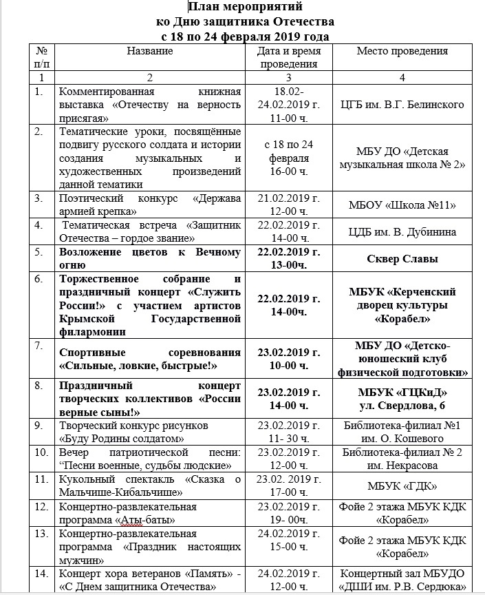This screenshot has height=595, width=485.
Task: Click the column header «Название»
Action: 149,51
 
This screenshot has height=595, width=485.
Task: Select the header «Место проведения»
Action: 402,51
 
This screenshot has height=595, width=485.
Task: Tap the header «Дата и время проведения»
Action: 288,57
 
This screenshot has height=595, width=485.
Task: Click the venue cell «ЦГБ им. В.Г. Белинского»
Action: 402,104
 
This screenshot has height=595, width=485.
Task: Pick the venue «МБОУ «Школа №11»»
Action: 402,205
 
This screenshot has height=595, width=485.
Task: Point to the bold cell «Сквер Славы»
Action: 402,259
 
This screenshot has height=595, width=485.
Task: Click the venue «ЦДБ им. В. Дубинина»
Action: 402,231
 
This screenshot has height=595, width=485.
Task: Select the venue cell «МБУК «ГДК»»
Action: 402,486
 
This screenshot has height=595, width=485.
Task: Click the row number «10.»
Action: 42,452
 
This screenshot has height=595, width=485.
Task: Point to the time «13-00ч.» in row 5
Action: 288,265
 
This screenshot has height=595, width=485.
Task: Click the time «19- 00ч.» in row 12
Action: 288,519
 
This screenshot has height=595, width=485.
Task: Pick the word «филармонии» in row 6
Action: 92,331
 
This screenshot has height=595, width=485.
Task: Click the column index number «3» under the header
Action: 288,77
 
